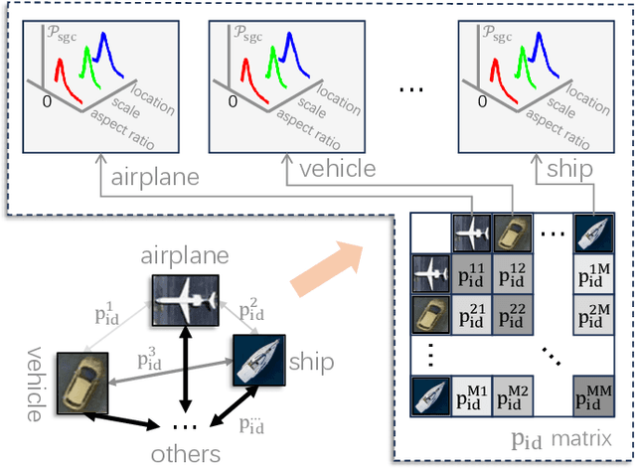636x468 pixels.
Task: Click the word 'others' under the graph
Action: click(x=186, y=454)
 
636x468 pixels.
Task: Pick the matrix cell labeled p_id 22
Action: click(x=513, y=317)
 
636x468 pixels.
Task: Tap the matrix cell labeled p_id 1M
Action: click(x=592, y=273)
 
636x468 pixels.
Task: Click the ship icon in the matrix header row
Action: click(x=592, y=234)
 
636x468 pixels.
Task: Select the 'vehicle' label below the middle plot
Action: click(x=338, y=169)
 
